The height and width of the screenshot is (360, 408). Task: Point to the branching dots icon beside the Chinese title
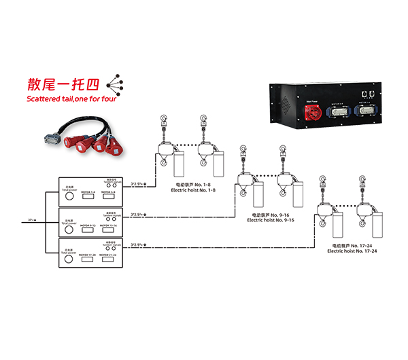[x=116, y=85]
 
